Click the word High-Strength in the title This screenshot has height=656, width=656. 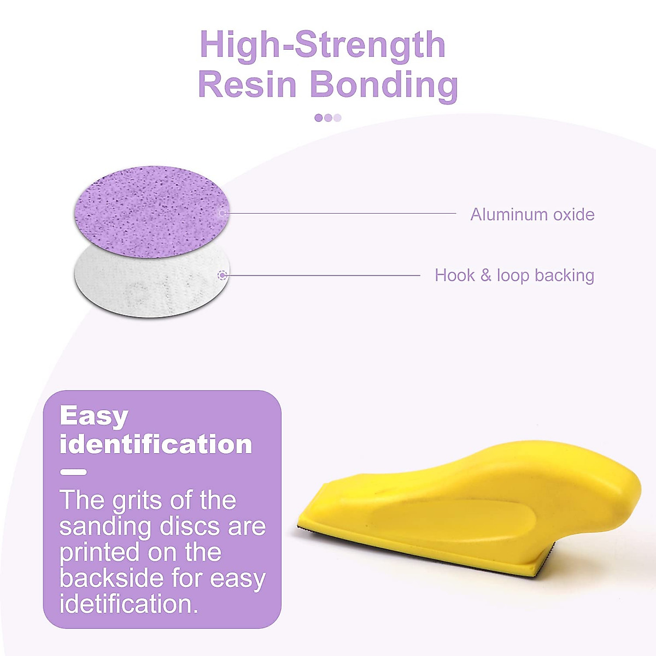323,45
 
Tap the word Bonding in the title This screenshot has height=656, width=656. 384,85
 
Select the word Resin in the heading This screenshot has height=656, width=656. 247,85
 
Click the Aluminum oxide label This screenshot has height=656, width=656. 532,214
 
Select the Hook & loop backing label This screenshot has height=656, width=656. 514,275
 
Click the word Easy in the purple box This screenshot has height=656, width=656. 93,416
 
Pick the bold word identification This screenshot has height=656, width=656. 156,444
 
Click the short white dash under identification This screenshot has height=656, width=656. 73,472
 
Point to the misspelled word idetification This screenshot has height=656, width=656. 128,604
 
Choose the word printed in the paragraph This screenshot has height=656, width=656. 99,553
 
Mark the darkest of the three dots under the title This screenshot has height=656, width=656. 319,118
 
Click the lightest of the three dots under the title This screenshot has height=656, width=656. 337,118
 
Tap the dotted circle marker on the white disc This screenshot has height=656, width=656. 222,276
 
